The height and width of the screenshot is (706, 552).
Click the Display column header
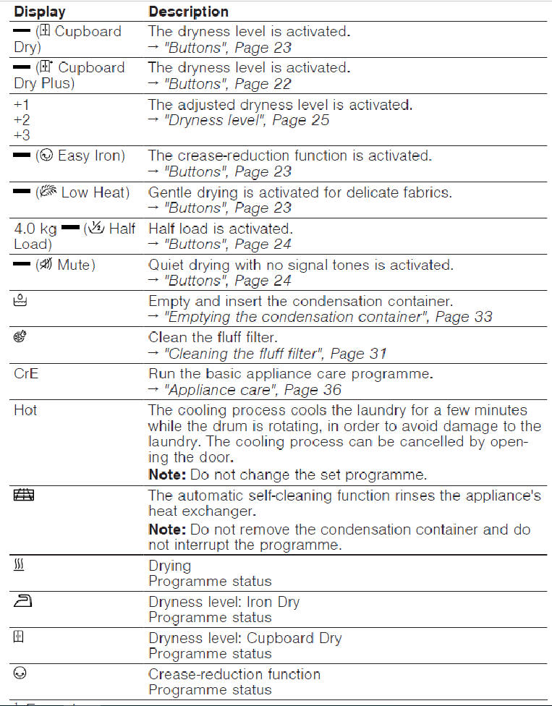coord(40,12)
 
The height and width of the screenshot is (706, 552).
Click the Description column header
coord(188,12)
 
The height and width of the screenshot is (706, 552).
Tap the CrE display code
coord(25,374)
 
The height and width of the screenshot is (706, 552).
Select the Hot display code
coord(25,410)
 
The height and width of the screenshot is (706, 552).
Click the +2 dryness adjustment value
coord(22,120)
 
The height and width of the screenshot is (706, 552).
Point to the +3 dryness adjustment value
coord(22,135)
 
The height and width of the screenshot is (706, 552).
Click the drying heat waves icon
coord(20,565)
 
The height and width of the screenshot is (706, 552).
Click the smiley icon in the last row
coord(20,673)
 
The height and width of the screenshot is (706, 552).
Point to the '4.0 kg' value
coord(35,229)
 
